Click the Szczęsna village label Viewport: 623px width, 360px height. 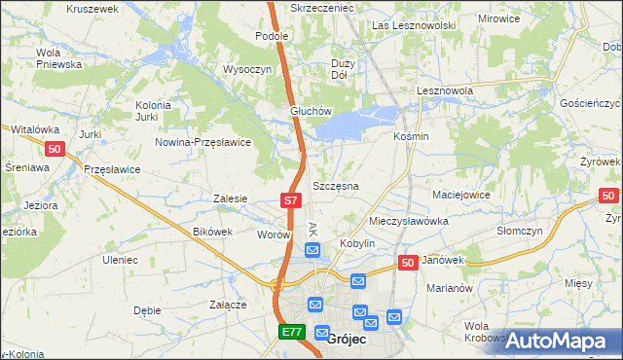coord(336,186)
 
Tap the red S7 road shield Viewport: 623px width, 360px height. coord(290,200)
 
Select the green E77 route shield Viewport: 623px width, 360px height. coord(290,332)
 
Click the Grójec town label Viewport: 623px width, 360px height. coord(347,340)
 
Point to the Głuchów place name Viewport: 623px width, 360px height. coord(311,111)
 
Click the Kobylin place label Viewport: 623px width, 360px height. coord(356,242)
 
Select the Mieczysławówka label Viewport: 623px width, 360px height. coord(409,221)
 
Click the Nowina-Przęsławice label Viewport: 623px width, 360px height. coord(203,142)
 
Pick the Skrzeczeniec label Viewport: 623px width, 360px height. coord(322,7)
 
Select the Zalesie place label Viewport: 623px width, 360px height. coord(230,198)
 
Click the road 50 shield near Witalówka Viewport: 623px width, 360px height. coord(55,148)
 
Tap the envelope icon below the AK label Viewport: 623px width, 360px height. coord(312,251)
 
